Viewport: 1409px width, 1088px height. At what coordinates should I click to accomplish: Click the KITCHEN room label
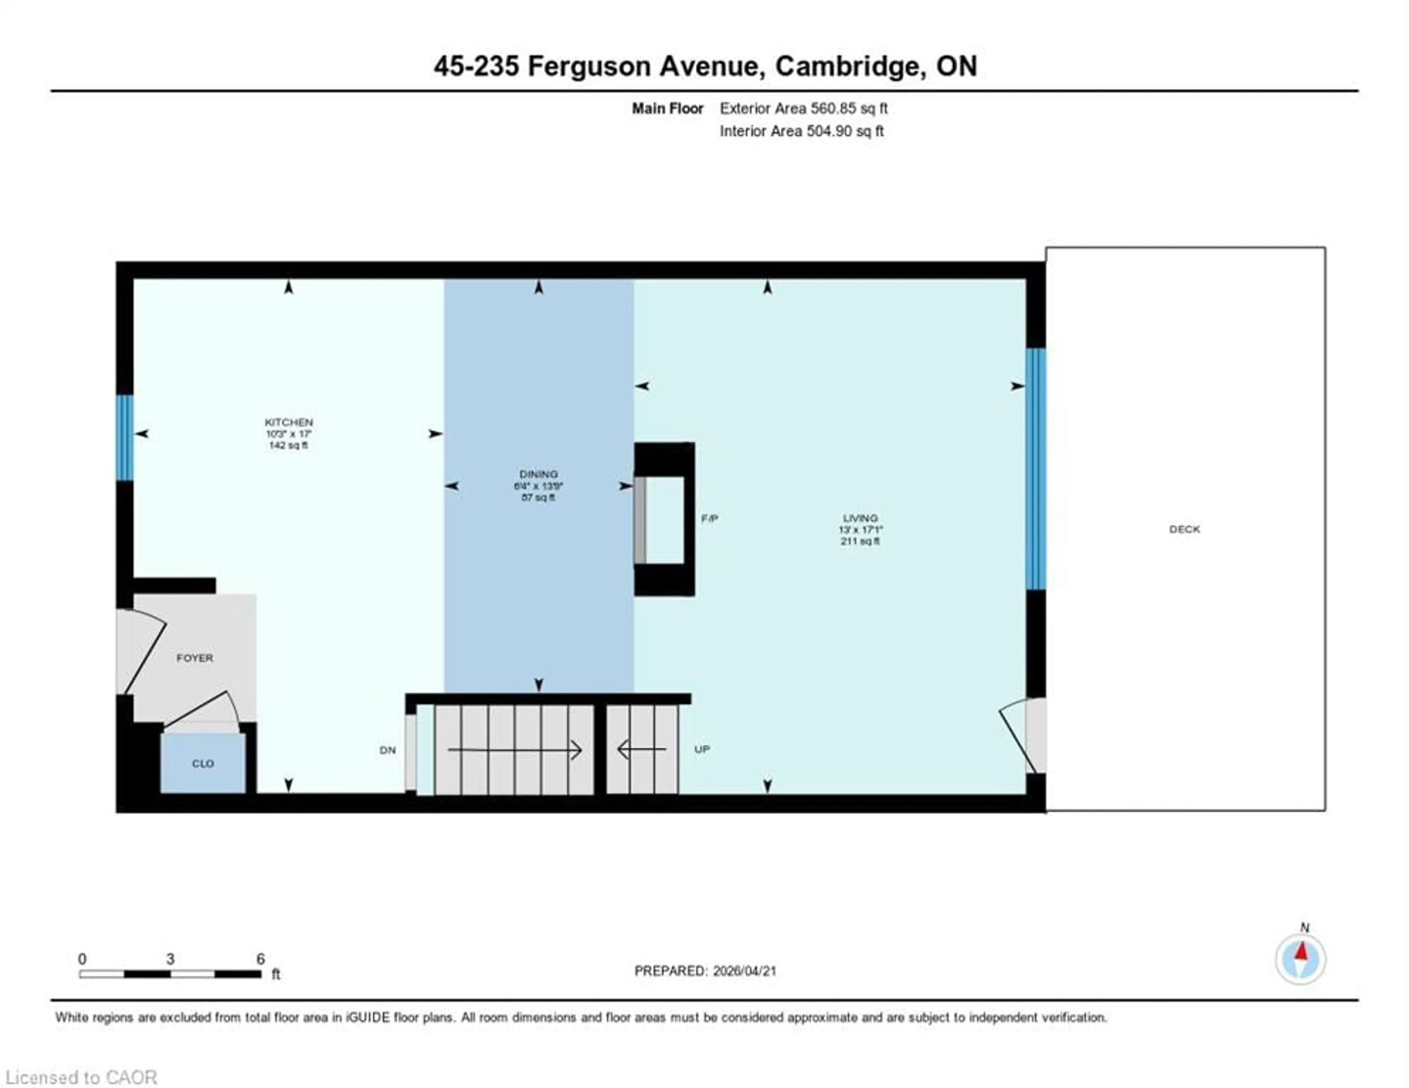pyautogui.click(x=288, y=422)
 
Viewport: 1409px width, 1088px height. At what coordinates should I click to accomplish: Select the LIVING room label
pyautogui.click(x=860, y=518)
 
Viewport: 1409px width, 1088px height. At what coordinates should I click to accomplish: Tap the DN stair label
pyautogui.click(x=387, y=750)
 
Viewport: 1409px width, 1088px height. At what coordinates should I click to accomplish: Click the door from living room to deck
pyautogui.click(x=1026, y=735)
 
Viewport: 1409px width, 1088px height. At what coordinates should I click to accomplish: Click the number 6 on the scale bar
pyautogui.click(x=261, y=959)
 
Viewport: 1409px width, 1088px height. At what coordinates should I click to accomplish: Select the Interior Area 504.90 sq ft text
pyautogui.click(x=801, y=131)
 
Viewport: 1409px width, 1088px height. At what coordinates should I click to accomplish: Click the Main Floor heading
pyautogui.click(x=667, y=108)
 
